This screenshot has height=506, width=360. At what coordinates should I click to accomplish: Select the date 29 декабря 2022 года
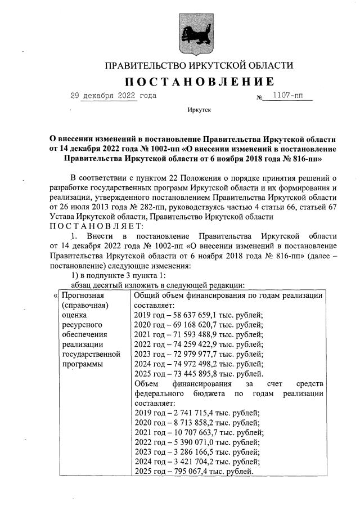pos(113,96)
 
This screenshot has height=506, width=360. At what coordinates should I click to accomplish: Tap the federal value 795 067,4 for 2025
pos(195,471)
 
